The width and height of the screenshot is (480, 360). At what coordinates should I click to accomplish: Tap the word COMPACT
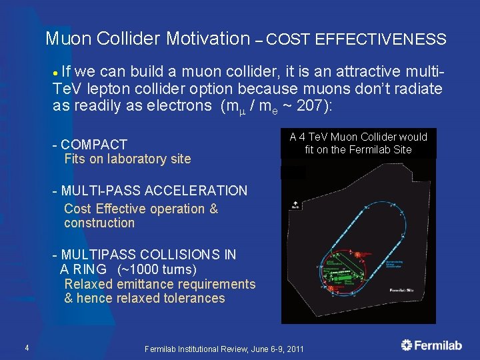pyautogui.click(x=94, y=145)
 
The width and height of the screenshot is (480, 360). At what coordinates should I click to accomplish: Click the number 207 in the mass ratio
pyautogui.click(x=298, y=106)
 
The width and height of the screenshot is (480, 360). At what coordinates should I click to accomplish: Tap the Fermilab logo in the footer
pyautogui.click(x=432, y=345)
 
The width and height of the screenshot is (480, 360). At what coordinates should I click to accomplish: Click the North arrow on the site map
pyautogui.click(x=294, y=203)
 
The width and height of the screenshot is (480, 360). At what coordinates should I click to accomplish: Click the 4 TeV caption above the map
pyautogui.click(x=358, y=143)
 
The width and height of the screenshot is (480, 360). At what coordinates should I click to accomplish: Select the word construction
pyautogui.click(x=99, y=223)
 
